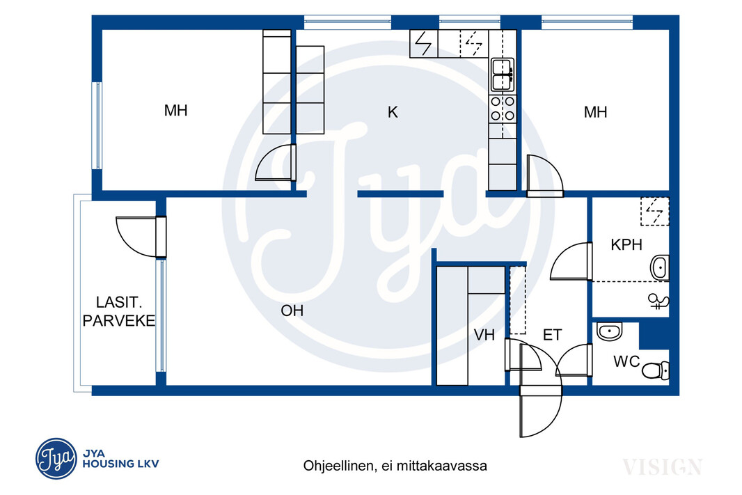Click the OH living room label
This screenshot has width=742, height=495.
292,311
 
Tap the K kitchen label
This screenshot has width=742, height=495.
393,112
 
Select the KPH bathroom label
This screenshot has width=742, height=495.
626,244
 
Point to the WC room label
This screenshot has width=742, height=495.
626,361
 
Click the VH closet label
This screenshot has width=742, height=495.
484,335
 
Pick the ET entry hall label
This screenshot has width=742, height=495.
552,335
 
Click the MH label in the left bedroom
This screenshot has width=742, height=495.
175,111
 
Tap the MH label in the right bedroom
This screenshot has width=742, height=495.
595,112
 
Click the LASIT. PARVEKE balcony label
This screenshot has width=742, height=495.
119,311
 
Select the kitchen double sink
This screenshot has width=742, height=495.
502,74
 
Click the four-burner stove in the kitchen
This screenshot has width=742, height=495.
503,109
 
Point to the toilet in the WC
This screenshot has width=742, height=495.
656,370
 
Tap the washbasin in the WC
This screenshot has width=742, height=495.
609,331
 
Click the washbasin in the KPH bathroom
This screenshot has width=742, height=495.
660,268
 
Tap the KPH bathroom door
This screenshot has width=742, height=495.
571,261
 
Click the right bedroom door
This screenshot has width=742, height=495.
545,175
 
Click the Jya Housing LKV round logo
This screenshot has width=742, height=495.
56,458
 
